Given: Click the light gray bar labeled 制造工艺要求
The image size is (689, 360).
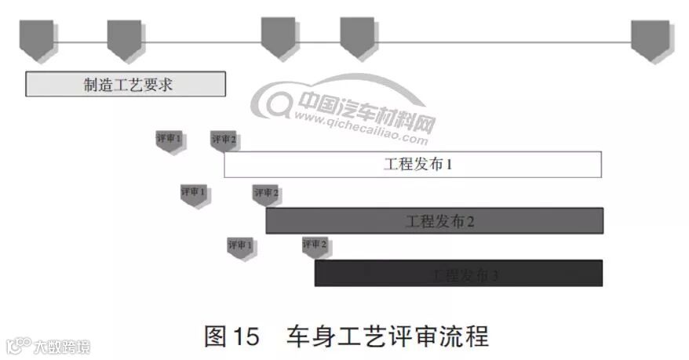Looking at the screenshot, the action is [126, 84].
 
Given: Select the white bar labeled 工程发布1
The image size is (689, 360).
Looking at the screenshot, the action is [413, 165].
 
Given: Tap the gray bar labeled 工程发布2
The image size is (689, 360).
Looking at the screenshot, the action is [434, 220].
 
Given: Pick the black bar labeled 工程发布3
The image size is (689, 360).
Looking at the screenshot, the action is [458, 273].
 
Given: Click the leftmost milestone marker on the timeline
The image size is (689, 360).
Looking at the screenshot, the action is [37, 39].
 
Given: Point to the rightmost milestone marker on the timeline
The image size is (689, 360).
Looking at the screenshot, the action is [650, 39].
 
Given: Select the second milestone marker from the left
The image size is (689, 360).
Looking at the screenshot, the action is [124, 39].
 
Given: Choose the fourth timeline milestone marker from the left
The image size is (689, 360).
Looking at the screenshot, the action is [357, 38].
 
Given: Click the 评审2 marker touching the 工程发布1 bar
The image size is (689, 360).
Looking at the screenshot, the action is [224, 141].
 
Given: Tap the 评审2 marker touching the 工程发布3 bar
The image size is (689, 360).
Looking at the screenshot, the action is [315, 246].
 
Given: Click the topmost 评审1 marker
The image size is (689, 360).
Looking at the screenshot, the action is [170, 140].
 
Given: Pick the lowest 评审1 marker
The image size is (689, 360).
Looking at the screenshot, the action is [241, 247].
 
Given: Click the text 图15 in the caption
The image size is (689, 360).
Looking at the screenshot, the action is [231, 336].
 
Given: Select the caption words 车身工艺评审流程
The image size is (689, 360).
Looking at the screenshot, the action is [388, 336].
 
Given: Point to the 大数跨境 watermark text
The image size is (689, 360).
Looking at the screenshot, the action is [60, 346].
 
